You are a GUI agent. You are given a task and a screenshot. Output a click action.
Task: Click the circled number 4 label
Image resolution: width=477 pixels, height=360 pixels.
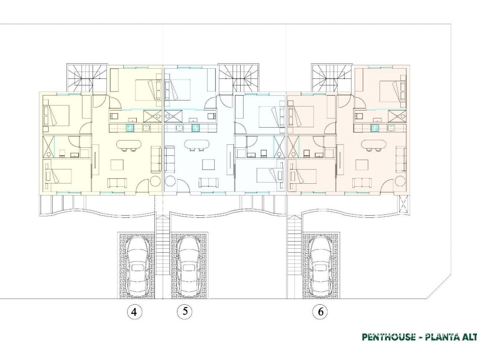pos(134,312)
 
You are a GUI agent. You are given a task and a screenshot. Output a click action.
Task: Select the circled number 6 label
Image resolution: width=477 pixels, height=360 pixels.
pos(321,312)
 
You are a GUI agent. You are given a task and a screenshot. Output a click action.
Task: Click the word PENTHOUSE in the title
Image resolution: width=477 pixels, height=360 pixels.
pos(387,337)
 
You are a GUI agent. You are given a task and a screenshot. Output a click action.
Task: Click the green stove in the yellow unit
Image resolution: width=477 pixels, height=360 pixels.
pos(131,128)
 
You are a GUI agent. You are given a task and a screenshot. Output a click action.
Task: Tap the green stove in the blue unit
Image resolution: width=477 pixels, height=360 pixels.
pos(195,128)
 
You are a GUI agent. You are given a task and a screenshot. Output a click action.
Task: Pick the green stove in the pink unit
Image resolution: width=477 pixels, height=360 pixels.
pos(375,128)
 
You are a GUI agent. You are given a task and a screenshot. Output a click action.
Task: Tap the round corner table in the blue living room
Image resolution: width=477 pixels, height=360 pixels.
pos(171,182)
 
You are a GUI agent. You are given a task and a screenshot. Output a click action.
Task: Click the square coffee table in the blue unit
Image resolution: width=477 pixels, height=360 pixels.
pos(208,165)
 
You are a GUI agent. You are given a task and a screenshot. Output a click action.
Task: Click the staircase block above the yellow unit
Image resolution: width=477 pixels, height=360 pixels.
pos(87,78)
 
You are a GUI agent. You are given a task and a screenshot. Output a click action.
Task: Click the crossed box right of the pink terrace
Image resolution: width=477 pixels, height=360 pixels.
pos(404,205)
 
